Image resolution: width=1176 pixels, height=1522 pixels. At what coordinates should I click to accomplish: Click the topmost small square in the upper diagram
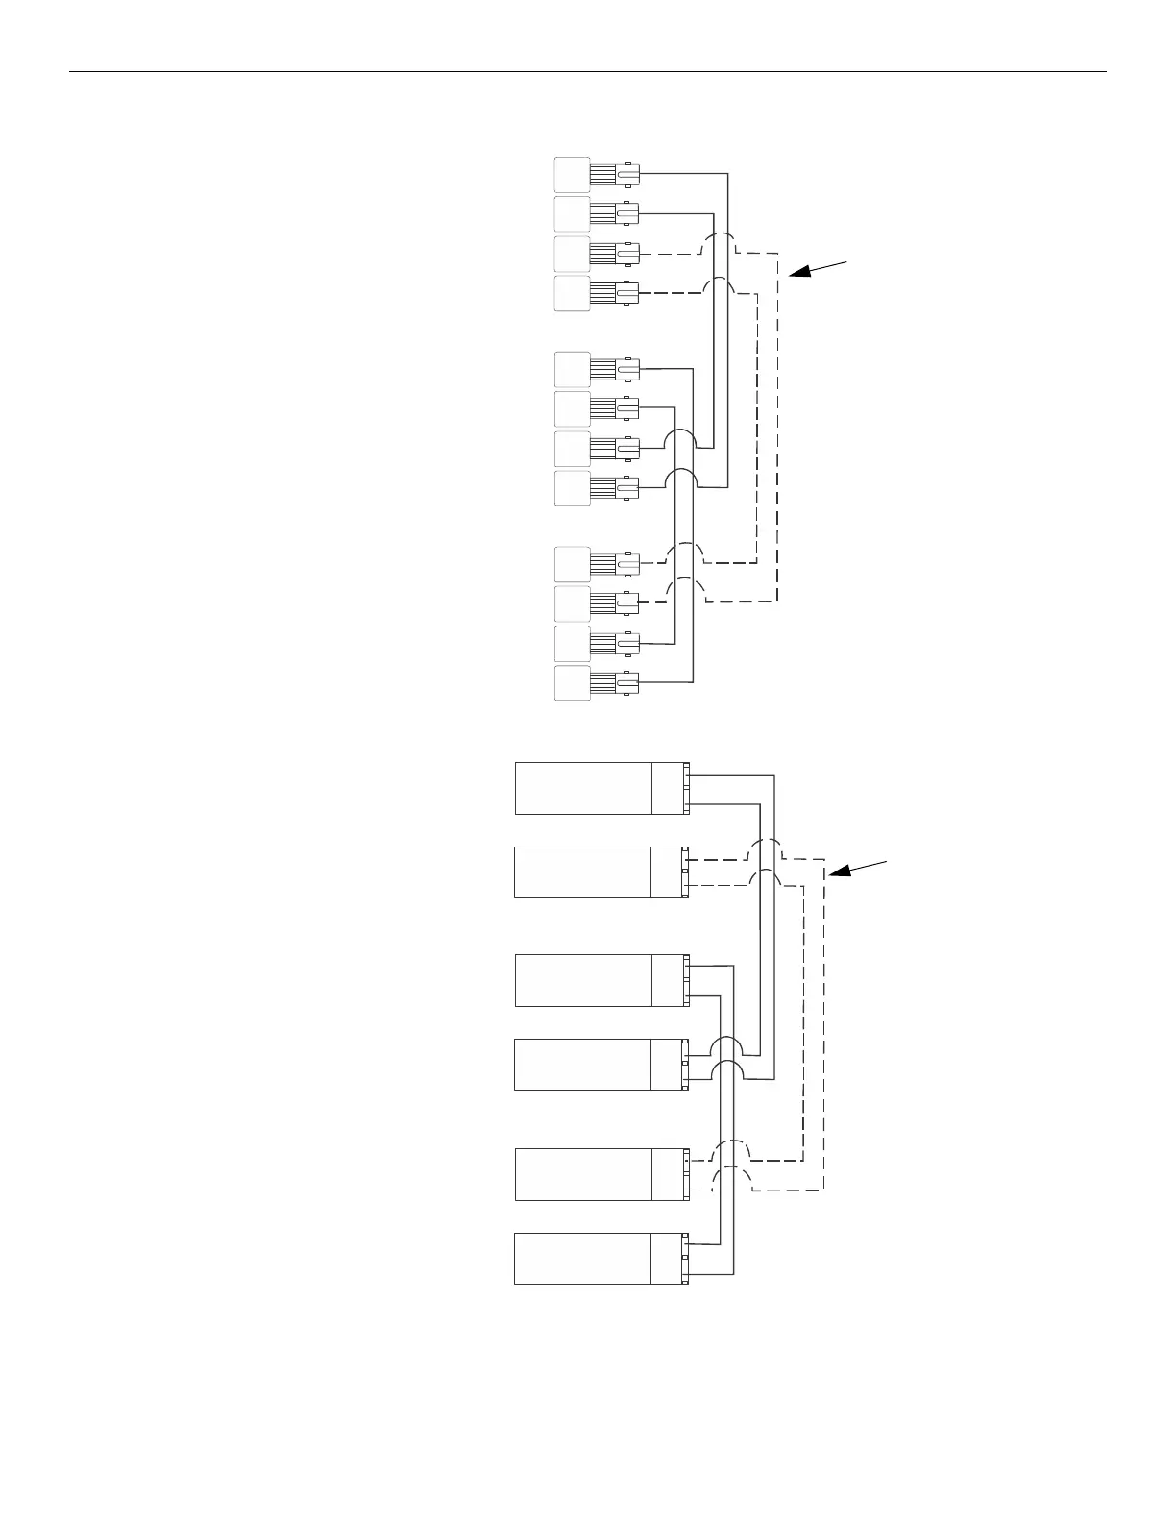tap(572, 174)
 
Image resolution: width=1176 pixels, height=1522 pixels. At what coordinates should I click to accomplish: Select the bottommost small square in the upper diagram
tap(572, 683)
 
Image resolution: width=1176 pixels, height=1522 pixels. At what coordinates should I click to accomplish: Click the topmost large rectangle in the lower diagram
tap(583, 788)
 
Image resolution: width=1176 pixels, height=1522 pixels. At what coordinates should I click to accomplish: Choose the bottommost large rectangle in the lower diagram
tap(583, 1258)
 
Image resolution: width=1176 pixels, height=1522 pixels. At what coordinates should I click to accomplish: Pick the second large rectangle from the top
tap(583, 872)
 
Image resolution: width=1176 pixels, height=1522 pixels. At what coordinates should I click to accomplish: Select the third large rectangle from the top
tap(583, 980)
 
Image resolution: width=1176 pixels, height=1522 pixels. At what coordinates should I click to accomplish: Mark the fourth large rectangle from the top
tap(583, 1065)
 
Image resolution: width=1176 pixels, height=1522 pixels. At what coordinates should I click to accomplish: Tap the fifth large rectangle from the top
tap(583, 1173)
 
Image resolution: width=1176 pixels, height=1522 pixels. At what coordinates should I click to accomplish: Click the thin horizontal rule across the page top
tap(588, 71)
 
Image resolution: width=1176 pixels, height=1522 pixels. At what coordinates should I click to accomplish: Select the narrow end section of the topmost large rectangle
tap(670, 788)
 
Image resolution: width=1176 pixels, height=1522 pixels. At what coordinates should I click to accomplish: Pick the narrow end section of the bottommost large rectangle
tap(670, 1258)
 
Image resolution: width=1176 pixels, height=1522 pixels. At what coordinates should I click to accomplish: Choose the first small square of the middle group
tap(572, 370)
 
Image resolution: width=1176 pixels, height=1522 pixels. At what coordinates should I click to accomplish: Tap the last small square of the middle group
tap(572, 489)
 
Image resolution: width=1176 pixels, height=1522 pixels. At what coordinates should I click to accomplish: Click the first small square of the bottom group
tap(572, 564)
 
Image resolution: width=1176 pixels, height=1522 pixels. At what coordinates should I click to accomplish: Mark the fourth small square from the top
tap(572, 293)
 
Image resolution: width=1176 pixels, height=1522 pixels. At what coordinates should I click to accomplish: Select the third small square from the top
tap(572, 254)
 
